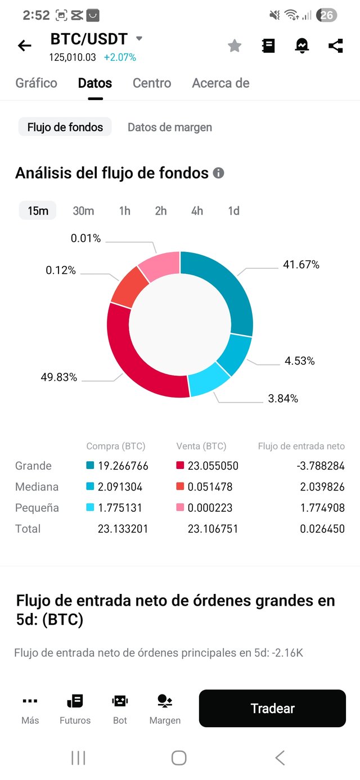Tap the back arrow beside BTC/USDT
coord(24,46)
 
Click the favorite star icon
coord(235,46)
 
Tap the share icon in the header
coord(336,46)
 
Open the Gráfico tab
coord(36,83)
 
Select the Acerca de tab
coord(220,83)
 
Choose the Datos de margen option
coord(170,127)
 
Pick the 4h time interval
coord(197,211)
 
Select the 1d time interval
coord(233,211)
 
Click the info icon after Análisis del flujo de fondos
coord(219,173)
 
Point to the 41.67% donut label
coord(301,264)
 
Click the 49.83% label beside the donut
coord(59,377)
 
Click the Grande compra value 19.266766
coord(122,466)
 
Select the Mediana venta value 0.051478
coord(211,486)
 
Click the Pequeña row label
coord(37,508)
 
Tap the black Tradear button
coord(272,709)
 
